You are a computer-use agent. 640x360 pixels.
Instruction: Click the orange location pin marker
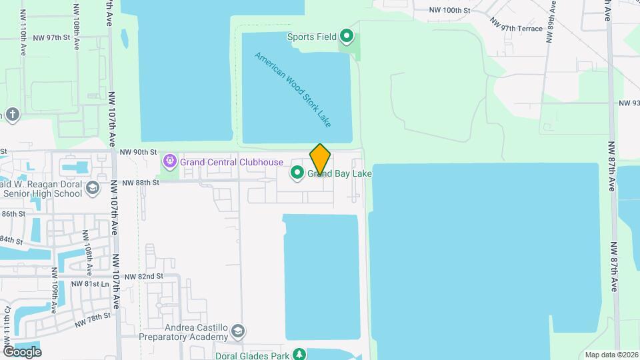(x=320, y=159)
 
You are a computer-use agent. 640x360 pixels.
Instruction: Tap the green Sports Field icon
(x=346, y=36)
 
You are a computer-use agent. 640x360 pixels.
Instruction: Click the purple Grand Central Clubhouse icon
(x=170, y=161)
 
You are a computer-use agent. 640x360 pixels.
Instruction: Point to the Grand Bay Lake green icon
(x=297, y=174)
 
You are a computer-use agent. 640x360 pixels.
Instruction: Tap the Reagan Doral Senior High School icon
(x=93, y=188)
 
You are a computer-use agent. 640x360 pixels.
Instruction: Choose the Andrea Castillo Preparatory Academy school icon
(x=239, y=331)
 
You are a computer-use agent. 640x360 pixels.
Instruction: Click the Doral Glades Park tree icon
(x=301, y=354)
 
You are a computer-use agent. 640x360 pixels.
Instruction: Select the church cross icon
(x=13, y=115)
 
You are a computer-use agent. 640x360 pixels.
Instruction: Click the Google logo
(x=22, y=352)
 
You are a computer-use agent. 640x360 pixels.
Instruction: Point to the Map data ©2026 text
(x=611, y=355)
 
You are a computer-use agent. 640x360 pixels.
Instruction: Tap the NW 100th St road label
(x=450, y=11)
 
